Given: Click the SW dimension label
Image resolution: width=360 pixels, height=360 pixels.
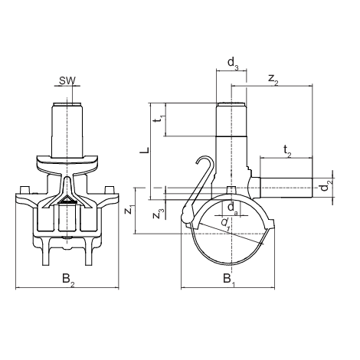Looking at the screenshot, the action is [x=67, y=80].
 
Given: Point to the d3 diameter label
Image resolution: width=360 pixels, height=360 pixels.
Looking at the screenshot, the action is [x=233, y=63].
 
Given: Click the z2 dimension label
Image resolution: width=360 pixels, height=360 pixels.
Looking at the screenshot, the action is [x=273, y=79].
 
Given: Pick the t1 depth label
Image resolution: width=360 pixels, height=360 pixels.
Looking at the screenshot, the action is [x=161, y=119].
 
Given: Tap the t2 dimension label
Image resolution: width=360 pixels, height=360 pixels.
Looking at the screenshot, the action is [x=287, y=151].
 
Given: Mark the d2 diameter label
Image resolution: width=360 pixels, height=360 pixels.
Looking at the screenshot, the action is [x=327, y=185].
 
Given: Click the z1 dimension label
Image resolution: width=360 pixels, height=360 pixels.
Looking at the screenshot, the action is [x=129, y=210].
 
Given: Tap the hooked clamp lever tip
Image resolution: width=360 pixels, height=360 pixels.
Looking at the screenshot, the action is [x=198, y=162].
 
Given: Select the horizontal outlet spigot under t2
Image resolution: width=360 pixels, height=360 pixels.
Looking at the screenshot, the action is [x=286, y=188].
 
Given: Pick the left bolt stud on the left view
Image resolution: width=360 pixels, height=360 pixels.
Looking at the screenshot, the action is [x=24, y=190].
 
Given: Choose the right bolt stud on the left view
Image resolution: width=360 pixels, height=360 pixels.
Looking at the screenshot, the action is [x=110, y=190].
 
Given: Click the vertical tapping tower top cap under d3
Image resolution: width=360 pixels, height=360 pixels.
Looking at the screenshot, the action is [x=231, y=104].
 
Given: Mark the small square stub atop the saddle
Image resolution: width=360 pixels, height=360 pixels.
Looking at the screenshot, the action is [x=231, y=191].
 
